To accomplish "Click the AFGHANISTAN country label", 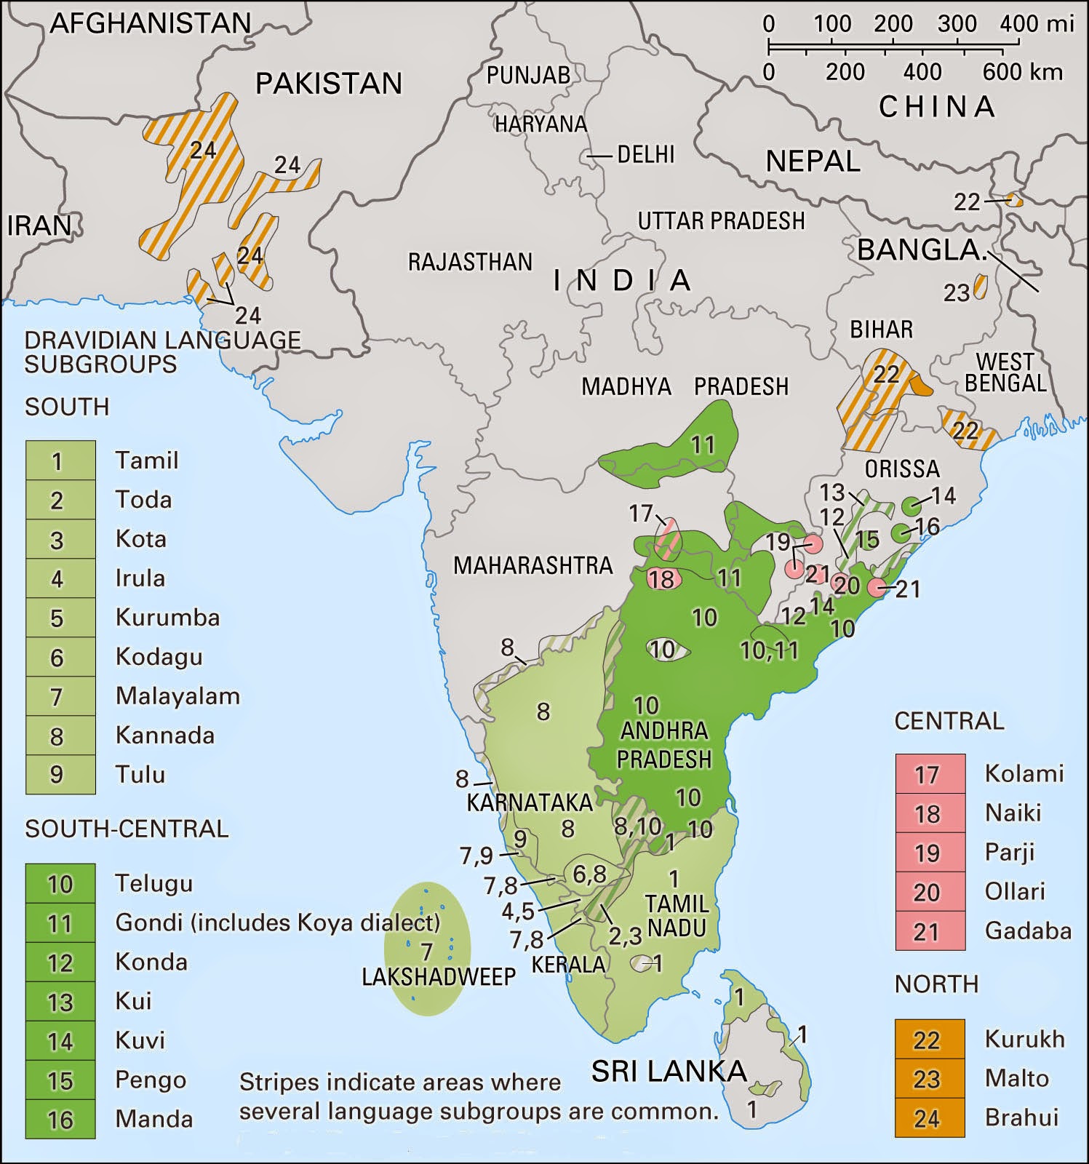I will click(x=151, y=24).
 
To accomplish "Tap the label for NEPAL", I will click(x=813, y=161).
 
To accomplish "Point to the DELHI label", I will click(x=645, y=155).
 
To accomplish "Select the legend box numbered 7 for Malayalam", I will click(x=60, y=697).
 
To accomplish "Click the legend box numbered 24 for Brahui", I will click(x=929, y=1118).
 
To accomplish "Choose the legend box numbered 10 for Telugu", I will click(x=60, y=884).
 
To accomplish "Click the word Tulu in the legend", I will click(x=140, y=774).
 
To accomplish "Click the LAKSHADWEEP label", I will click(x=439, y=976).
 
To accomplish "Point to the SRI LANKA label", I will click(x=669, y=1070).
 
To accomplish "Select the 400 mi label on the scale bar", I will click(x=1037, y=23).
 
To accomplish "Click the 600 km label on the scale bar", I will click(x=1022, y=72).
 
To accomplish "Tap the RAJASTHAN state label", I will click(x=470, y=262).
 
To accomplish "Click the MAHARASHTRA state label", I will click(x=533, y=565).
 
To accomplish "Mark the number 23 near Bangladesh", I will click(x=956, y=292).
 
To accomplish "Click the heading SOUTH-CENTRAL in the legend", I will click(x=127, y=829).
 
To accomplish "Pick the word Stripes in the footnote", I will click(x=279, y=1082).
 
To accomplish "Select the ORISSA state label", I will click(x=902, y=469).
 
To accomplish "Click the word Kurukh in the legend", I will click(x=1024, y=1039).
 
